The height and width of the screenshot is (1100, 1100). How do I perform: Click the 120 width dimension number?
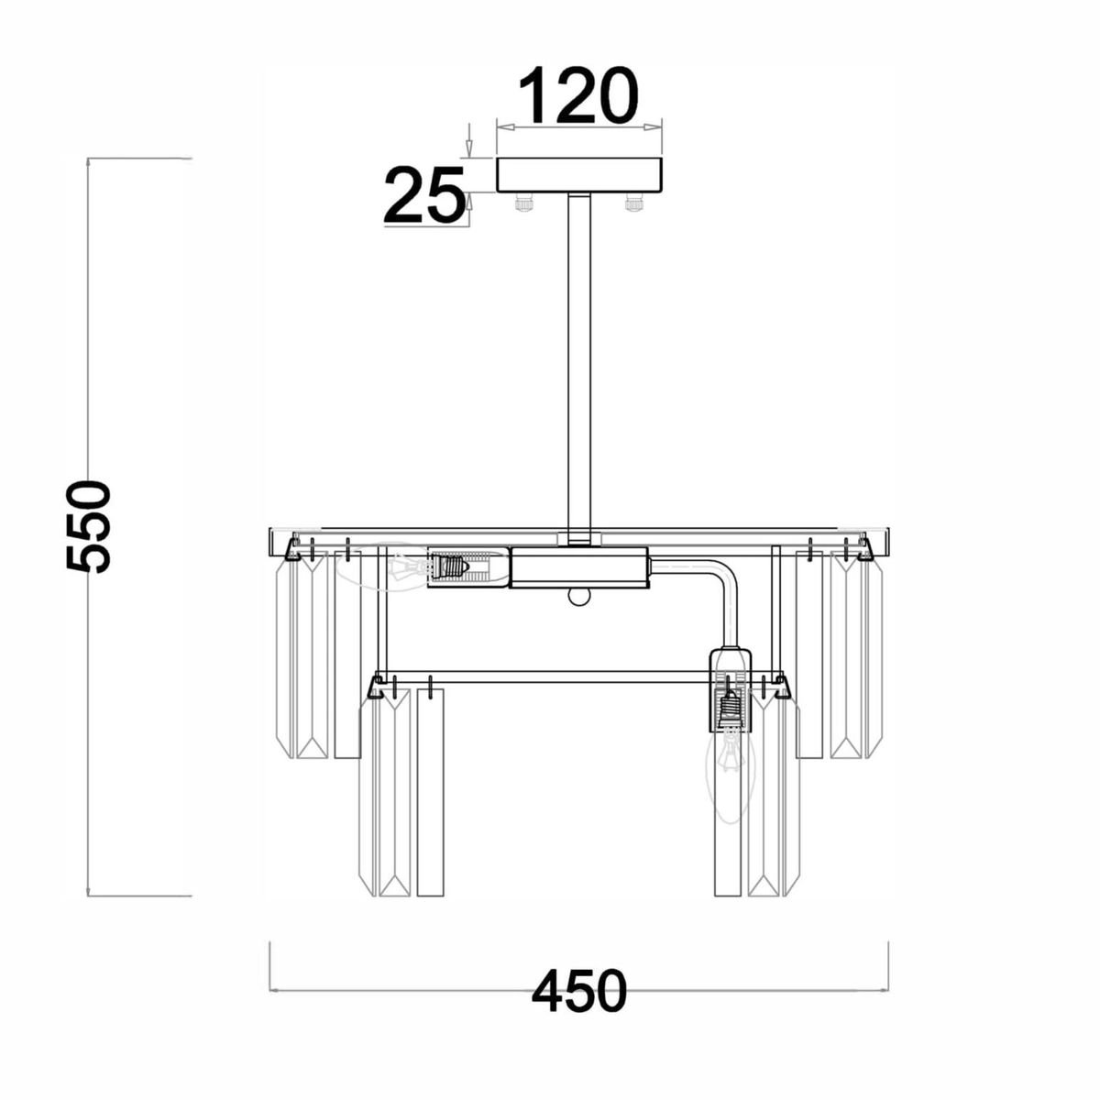pos(577,95)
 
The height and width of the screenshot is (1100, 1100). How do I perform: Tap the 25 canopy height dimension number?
pos(423,194)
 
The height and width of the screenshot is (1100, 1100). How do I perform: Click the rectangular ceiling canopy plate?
pos(578,175)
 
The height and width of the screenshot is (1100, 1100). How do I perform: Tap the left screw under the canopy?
pos(523,203)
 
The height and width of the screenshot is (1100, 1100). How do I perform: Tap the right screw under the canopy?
pos(634,203)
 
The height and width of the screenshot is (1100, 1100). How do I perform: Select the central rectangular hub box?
pos(578,566)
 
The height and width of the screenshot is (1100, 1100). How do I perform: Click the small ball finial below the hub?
pos(578,596)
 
